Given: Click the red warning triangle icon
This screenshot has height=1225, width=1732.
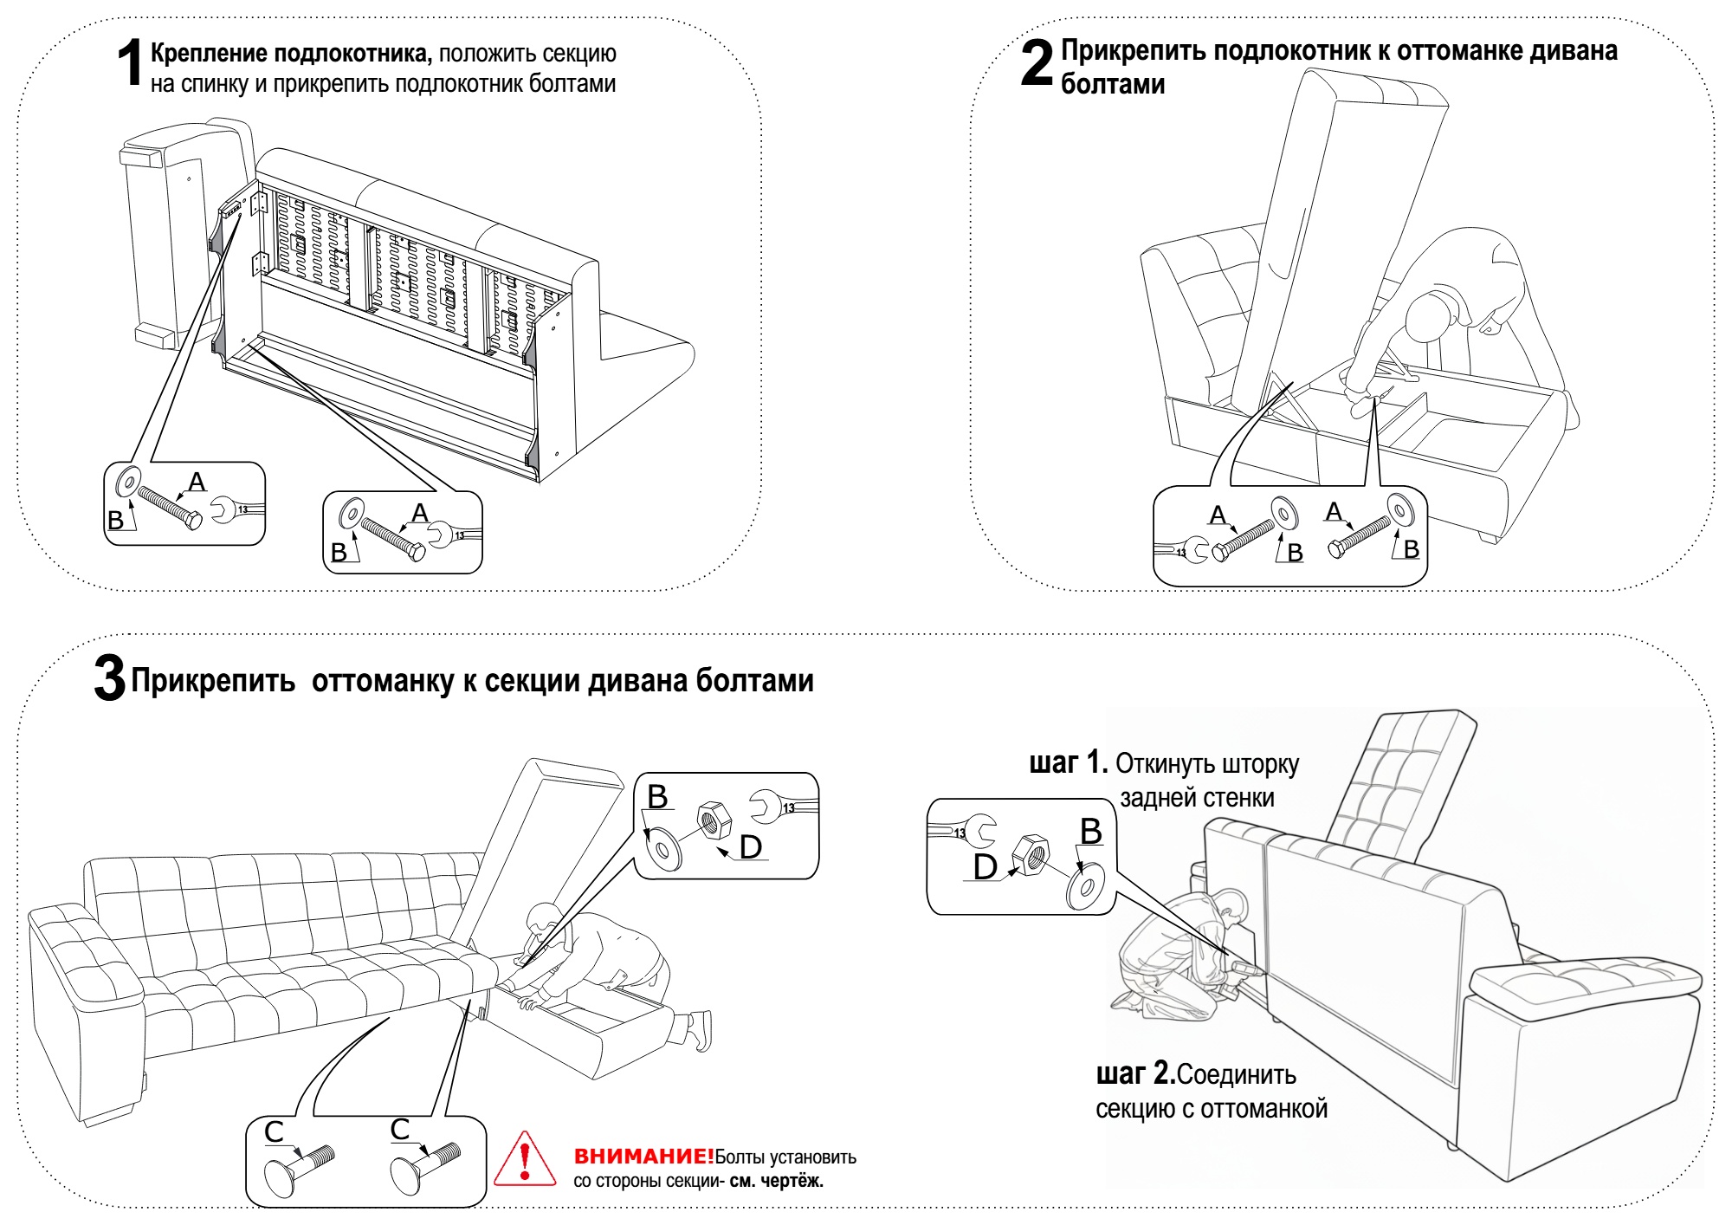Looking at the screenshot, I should [525, 1159].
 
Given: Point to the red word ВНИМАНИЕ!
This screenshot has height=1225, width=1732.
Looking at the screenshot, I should [643, 1156].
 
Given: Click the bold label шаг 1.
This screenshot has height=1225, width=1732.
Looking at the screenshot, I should [1068, 763].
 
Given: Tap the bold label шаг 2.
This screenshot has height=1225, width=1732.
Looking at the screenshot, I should [1135, 1074].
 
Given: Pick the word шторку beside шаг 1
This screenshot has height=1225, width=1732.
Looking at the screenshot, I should [1261, 765].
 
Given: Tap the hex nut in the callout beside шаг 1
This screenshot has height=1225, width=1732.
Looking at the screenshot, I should [1030, 855].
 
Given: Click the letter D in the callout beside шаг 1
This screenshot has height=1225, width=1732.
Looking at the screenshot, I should [986, 867].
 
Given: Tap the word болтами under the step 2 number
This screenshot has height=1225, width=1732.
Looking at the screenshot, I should [1113, 85].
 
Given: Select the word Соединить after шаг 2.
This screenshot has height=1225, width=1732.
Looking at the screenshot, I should [1237, 1075].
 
